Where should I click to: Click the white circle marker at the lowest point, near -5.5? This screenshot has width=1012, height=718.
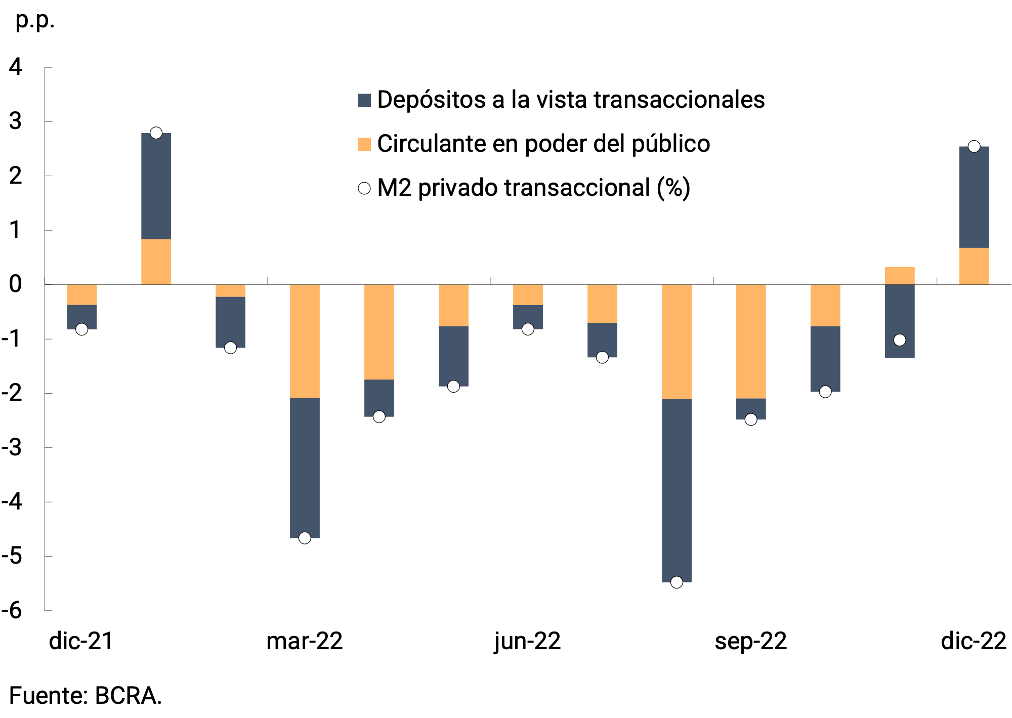677,582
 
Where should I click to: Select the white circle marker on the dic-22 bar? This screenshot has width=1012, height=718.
974,147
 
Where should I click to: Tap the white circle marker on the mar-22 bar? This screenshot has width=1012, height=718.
305,538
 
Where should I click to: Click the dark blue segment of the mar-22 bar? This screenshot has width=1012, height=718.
305,468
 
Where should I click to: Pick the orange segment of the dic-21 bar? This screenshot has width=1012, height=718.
81,295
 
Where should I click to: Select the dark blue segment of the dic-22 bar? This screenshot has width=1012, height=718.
974,197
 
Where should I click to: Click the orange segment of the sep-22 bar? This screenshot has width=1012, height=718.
751,342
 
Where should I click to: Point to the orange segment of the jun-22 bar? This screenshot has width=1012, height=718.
528,295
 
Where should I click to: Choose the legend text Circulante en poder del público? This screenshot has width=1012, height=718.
543,144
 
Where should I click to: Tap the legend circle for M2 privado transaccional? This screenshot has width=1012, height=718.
364,188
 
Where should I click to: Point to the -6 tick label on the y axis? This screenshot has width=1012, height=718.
12,610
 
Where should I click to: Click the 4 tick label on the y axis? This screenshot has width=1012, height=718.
16,67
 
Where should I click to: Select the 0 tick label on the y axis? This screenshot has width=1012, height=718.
16,284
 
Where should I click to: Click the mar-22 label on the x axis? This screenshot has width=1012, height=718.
305,641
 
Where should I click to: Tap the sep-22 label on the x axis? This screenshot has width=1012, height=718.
751,641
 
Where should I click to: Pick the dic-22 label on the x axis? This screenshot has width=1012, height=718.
974,641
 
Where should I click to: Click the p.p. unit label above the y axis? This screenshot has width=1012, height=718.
35,20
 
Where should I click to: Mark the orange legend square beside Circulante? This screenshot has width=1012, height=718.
364,144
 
